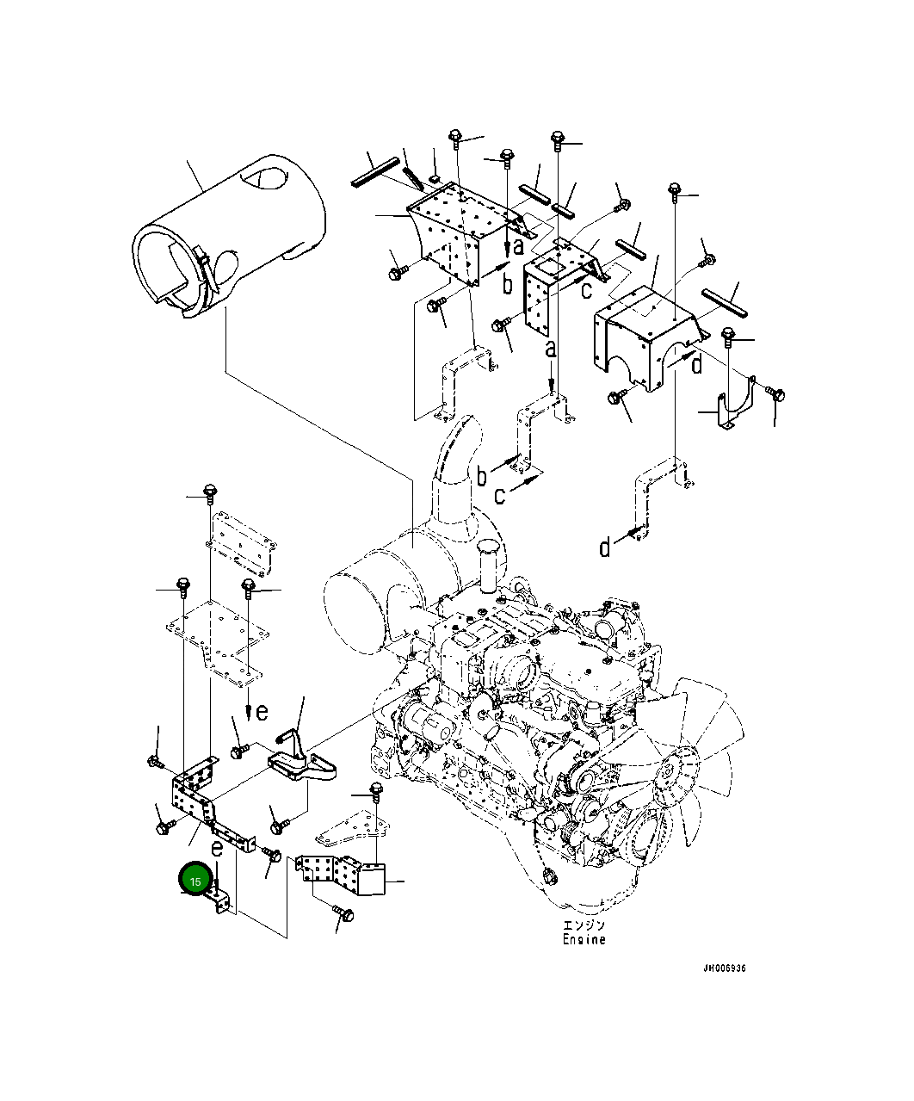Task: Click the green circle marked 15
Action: pyautogui.click(x=195, y=881)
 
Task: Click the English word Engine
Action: pyautogui.click(x=584, y=939)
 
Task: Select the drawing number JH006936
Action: pyautogui.click(x=724, y=968)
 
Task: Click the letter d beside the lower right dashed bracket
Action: pyautogui.click(x=605, y=547)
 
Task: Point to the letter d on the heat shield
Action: pyautogui.click(x=697, y=364)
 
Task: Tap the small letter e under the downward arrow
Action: pyautogui.click(x=262, y=712)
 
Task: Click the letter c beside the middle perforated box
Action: pyautogui.click(x=586, y=290)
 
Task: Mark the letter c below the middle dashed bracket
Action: pyautogui.click(x=500, y=496)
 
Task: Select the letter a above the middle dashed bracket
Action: pyautogui.click(x=551, y=349)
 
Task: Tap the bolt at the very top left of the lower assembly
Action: pyautogui.click(x=209, y=492)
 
